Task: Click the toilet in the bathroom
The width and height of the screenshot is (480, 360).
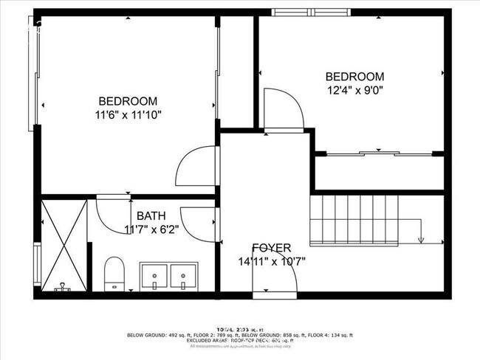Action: pyautogui.click(x=114, y=274)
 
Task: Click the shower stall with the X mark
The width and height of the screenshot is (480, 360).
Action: pyautogui.click(x=63, y=245)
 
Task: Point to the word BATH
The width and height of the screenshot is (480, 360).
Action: pyautogui.click(x=151, y=216)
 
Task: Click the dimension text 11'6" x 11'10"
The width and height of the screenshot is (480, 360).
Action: pyautogui.click(x=128, y=114)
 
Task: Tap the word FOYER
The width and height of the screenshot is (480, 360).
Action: pyautogui.click(x=271, y=248)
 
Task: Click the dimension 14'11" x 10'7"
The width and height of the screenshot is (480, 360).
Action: pyautogui.click(x=271, y=261)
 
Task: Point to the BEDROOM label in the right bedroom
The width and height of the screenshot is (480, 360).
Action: pyautogui.click(x=355, y=77)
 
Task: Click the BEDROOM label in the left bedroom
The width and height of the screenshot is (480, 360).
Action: pyautogui.click(x=128, y=101)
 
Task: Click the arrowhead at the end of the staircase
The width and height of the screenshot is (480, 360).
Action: pyautogui.click(x=420, y=239)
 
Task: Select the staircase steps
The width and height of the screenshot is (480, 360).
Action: pyautogui.click(x=354, y=219)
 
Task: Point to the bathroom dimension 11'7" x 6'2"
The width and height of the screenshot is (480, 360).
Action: pyautogui.click(x=151, y=229)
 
